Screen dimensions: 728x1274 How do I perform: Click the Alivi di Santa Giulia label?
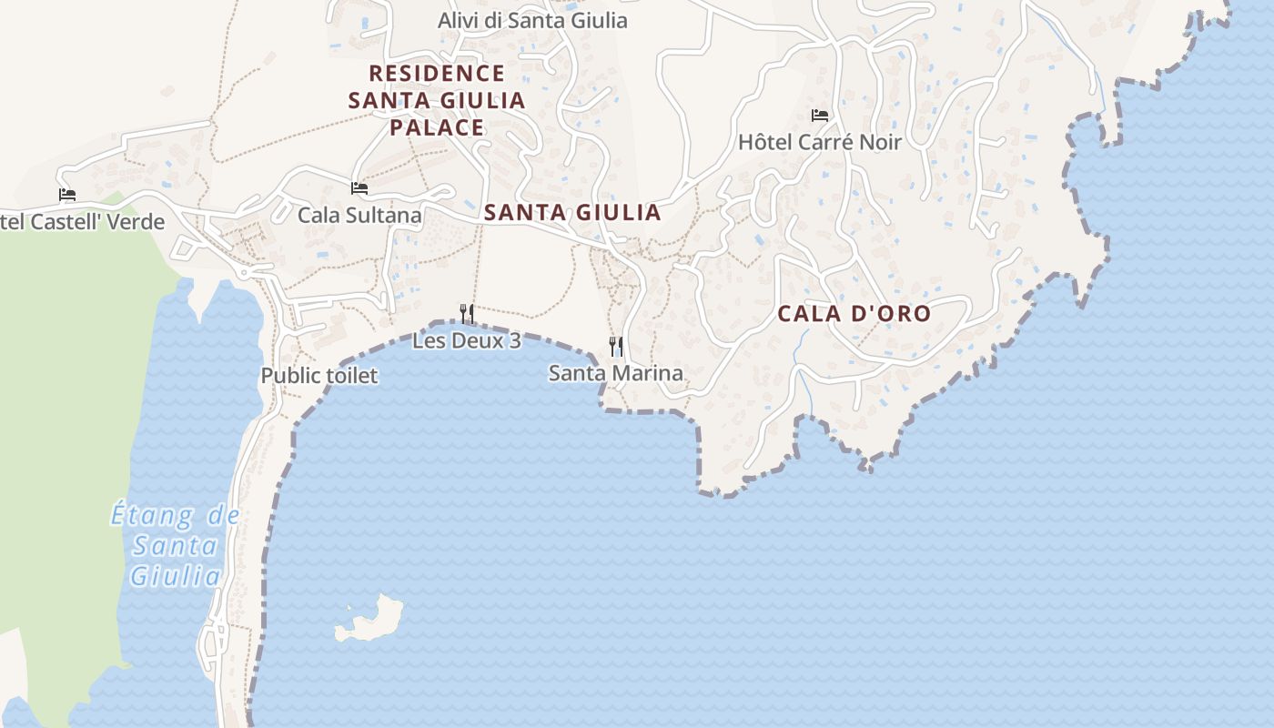[x=532, y=20]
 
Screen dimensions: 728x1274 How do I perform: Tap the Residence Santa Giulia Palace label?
[x=437, y=100]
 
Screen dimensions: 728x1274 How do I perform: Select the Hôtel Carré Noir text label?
[x=819, y=142]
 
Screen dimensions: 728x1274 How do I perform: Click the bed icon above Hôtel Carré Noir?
[x=819, y=116]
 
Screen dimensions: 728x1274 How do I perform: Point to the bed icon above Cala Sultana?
[x=359, y=188]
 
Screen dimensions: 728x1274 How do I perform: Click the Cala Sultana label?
[x=359, y=216]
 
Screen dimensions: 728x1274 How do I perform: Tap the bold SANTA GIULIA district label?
[x=572, y=213]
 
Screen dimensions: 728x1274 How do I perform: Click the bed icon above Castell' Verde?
[x=66, y=195]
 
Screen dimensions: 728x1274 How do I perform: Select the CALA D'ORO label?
[x=854, y=314]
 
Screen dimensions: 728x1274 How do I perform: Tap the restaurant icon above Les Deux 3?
[x=467, y=314]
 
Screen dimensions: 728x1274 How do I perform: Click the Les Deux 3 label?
[x=467, y=341]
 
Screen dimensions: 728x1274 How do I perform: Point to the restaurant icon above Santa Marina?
[x=616, y=346]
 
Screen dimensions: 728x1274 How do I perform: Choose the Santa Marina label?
[x=616, y=373]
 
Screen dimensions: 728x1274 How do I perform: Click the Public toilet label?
[x=318, y=376]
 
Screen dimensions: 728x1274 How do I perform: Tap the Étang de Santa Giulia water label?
[x=175, y=545]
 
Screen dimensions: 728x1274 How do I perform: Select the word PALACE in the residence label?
[x=437, y=127]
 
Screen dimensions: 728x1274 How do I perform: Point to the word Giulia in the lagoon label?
[x=175, y=576]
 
